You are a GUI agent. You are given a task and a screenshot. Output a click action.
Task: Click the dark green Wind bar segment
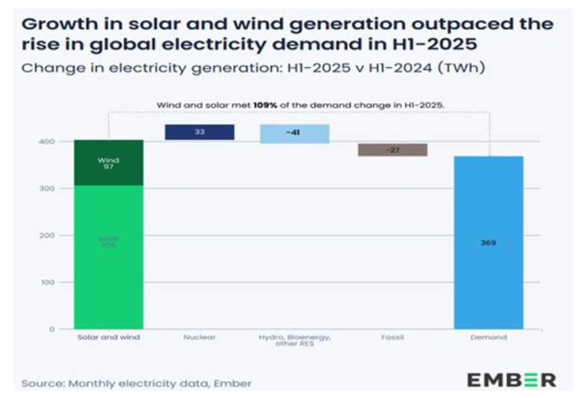108,163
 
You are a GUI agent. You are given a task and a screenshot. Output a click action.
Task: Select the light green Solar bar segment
108,256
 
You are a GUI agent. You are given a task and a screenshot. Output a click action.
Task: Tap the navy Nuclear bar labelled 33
199,132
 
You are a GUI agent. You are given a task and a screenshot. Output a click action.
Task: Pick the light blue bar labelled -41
294,133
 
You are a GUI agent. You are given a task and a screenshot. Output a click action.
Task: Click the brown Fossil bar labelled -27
392,149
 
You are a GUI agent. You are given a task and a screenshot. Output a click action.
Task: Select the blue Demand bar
489,282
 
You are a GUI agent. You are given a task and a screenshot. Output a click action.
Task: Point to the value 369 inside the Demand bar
489,243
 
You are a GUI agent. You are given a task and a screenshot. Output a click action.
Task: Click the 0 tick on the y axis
53,329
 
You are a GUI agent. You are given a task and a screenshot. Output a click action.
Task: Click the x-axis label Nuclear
199,337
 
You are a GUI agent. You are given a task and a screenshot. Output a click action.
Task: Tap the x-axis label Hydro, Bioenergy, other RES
294,340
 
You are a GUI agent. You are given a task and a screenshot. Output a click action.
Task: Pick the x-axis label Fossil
392,337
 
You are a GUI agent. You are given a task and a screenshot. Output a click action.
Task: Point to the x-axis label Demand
489,337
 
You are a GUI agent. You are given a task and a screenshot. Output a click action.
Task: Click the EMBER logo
511,380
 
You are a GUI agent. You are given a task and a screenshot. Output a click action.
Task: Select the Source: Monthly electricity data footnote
137,383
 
